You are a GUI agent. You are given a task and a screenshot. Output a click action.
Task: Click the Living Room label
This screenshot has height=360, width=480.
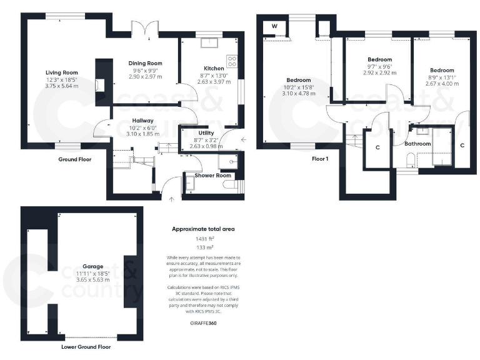[x=61, y=72]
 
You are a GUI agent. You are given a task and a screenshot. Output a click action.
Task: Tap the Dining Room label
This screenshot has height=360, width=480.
[x=145, y=63]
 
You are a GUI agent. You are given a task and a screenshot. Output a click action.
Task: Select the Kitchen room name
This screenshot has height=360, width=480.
[x=214, y=68]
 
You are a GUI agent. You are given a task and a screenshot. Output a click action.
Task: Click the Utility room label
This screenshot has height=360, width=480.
[x=206, y=134]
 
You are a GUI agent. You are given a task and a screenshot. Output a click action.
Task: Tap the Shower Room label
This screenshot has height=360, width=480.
[x=213, y=176]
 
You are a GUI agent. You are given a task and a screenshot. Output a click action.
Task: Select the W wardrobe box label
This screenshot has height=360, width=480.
[x=274, y=26]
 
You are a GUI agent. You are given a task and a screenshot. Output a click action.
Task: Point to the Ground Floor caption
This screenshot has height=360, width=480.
[x=76, y=159]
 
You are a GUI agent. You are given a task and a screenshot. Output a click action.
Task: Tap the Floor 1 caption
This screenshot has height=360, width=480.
[x=320, y=159]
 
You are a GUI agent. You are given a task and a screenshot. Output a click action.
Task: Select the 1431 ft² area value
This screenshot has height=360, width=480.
[x=203, y=239]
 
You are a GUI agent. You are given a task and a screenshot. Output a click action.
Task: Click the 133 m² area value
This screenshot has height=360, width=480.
[x=203, y=247]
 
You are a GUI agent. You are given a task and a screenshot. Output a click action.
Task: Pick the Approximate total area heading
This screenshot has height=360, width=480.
[x=203, y=229]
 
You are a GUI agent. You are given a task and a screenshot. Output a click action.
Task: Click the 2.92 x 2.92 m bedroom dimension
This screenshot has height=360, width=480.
[x=380, y=72]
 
